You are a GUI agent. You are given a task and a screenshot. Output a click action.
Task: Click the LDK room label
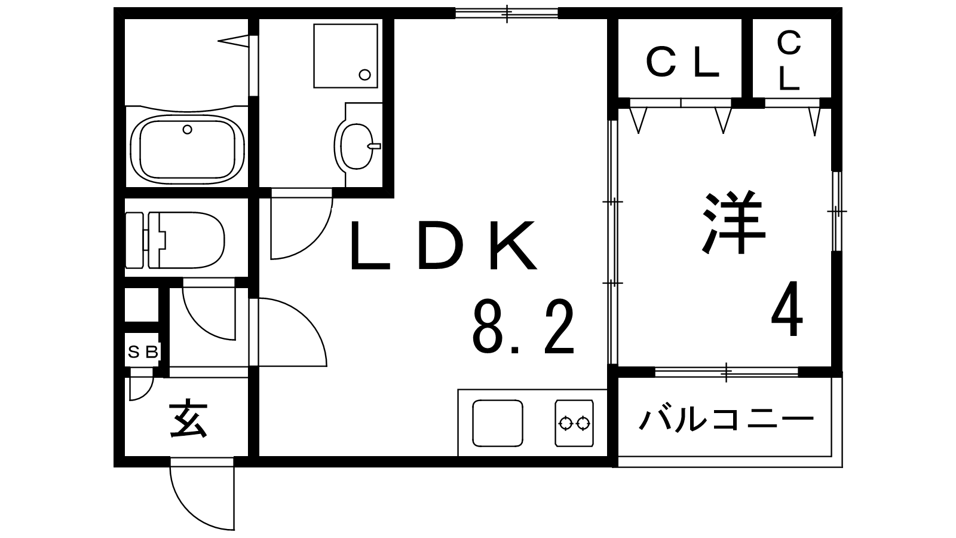[x=442, y=246]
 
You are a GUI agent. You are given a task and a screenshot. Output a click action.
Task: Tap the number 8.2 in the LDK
[x=523, y=327]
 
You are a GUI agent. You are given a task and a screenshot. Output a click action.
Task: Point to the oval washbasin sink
[x=356, y=145]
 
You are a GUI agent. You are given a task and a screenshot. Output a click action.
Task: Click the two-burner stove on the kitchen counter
[x=574, y=423]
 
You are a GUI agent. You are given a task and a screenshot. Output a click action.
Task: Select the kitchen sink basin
[x=497, y=423]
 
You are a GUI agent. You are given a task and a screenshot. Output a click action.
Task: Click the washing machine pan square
[x=345, y=56]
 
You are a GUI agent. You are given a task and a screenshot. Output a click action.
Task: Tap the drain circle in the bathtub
[x=188, y=129]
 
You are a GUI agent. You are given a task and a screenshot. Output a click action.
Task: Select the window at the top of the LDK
[x=506, y=13]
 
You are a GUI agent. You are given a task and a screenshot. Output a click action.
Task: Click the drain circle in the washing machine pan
[x=364, y=74]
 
